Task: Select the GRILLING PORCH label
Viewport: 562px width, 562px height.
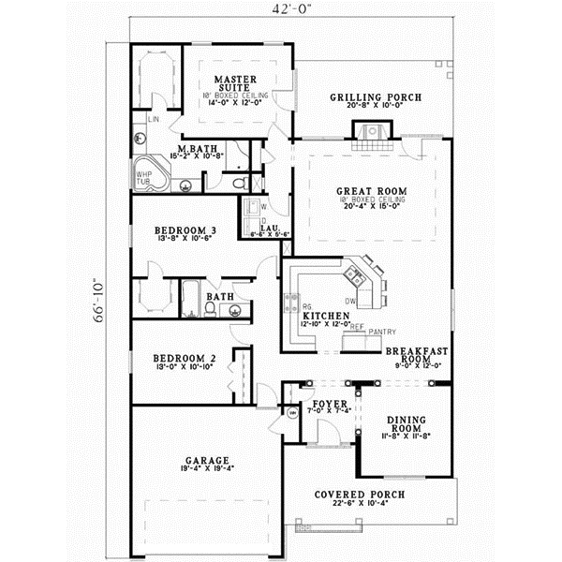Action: (376, 97)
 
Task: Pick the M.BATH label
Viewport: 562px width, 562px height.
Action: (198, 149)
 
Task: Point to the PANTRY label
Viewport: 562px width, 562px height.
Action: (382, 333)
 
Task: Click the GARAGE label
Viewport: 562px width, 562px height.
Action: (206, 462)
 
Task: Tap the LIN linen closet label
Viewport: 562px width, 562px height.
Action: (154, 120)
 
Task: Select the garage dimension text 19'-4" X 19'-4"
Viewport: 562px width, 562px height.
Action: (206, 471)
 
